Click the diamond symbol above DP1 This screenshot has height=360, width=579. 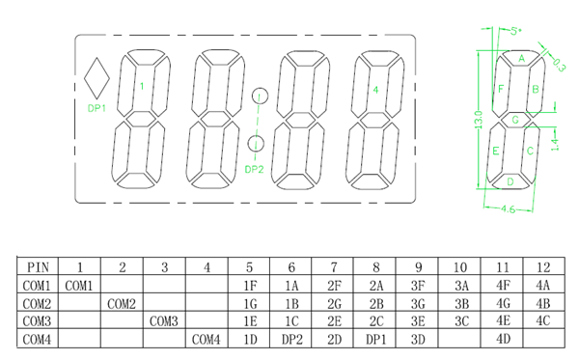(96, 78)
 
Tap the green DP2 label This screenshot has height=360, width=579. (254, 170)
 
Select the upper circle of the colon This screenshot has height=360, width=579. (260, 96)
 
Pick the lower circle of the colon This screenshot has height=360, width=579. (256, 144)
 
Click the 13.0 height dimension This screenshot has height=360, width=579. (479, 120)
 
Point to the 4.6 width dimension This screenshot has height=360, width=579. (509, 209)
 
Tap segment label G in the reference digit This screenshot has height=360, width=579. (515, 120)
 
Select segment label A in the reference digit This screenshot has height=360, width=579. (521, 58)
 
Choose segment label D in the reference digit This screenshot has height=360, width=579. (510, 181)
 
